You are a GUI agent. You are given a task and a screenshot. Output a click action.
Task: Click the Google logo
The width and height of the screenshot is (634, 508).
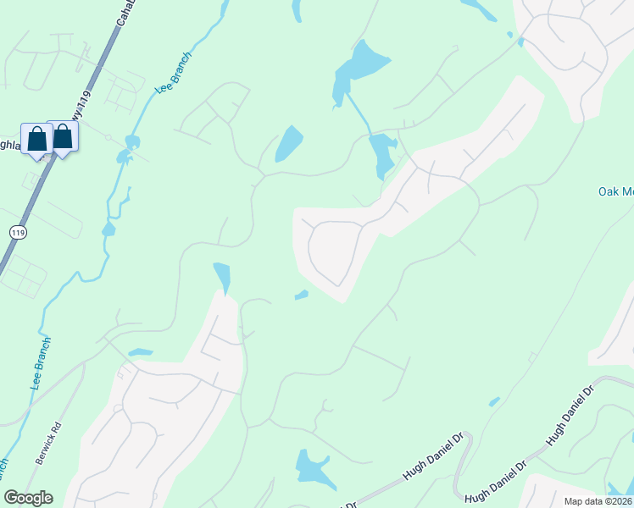28,498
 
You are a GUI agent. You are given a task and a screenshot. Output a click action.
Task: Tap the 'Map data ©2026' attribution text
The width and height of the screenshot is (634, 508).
597,501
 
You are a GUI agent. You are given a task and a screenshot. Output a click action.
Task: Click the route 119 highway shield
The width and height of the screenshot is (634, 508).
16,231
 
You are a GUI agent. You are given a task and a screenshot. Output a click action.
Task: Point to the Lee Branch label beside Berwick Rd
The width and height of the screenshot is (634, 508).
42,362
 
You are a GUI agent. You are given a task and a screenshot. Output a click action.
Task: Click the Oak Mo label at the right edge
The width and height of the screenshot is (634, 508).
615,190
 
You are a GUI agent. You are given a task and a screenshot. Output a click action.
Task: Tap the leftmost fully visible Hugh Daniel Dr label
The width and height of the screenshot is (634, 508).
433,458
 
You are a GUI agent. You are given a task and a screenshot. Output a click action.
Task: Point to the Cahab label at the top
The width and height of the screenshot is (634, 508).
125,13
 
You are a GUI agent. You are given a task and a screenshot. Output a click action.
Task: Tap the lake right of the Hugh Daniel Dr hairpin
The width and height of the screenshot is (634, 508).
620,489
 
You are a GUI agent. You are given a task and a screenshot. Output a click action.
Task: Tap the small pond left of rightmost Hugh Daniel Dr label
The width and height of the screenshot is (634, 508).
494,401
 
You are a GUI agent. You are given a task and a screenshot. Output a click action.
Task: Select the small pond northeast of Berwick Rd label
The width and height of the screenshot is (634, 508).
140,352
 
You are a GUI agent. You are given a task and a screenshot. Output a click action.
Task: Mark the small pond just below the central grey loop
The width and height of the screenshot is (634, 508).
301,295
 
